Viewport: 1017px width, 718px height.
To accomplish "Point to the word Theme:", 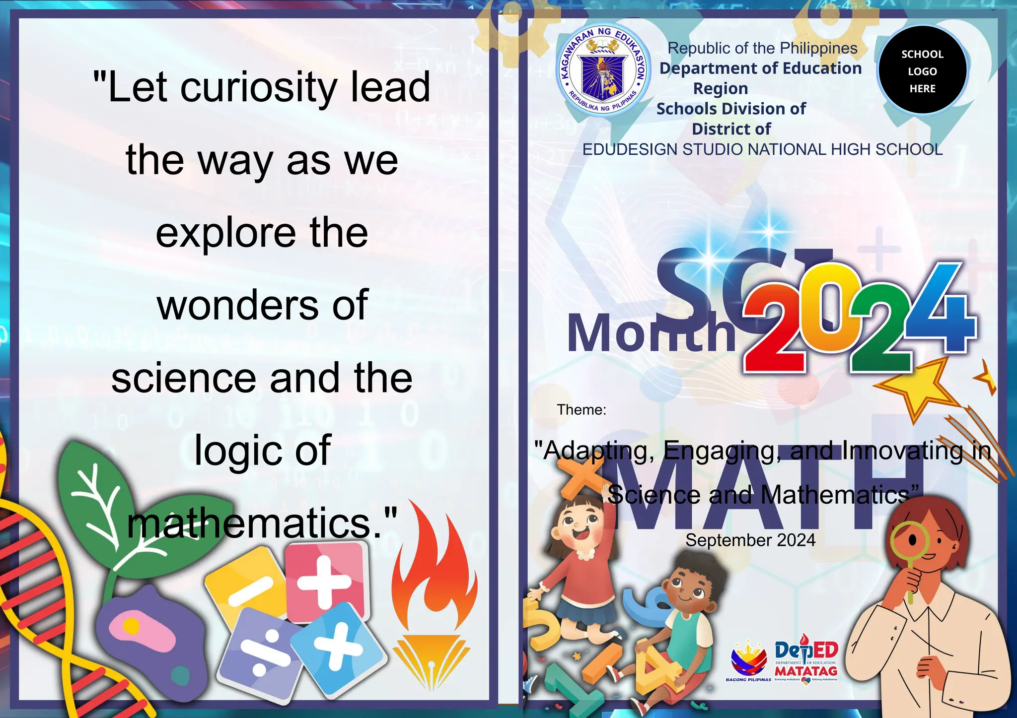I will pyautogui.click(x=581, y=410).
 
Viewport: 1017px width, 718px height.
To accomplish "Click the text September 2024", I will pyautogui.click(x=750, y=540).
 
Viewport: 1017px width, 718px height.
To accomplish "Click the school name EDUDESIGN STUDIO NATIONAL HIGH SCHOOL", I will pyautogui.click(x=762, y=149).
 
